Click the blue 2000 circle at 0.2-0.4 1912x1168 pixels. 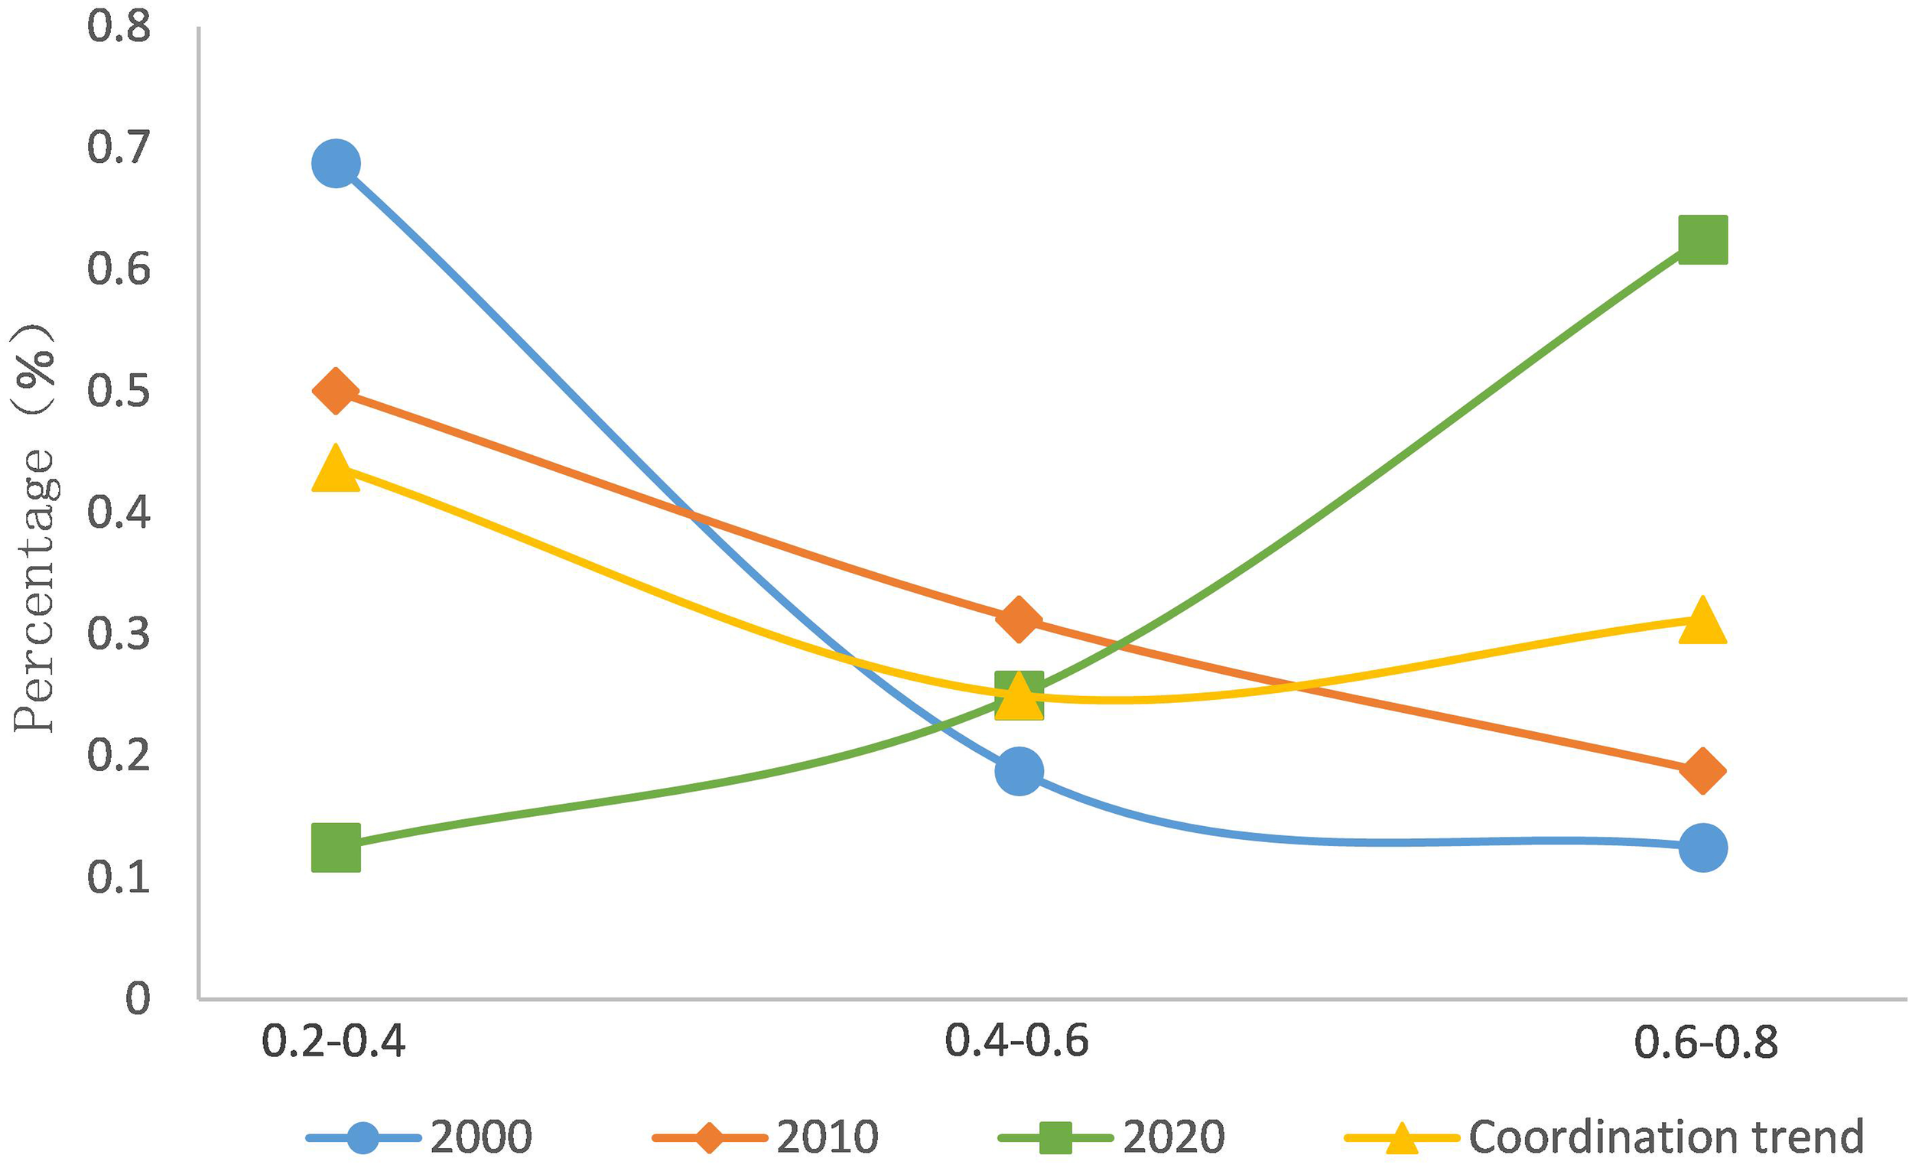pos(335,164)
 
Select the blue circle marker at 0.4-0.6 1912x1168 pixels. pos(1019,772)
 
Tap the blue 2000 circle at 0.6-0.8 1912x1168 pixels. pos(1702,847)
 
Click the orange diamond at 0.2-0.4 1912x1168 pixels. pos(335,391)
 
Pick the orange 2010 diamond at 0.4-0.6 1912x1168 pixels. pos(1019,620)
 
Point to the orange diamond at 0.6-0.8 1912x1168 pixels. pos(1702,772)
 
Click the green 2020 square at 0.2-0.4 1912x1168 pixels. pos(335,848)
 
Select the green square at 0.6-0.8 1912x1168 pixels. pos(1702,240)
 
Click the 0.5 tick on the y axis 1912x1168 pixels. pos(118,390)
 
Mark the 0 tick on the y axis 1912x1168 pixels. pos(138,998)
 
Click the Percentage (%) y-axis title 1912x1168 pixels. pos(34,528)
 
